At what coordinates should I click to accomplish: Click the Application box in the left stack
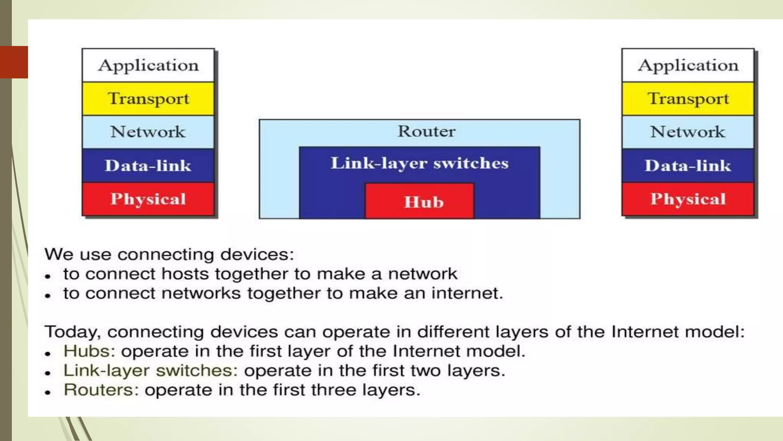tap(148, 65)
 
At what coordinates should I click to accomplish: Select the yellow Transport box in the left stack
tap(148, 99)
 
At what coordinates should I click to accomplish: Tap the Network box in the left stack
tap(148, 132)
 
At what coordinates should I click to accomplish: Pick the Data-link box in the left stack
tap(148, 166)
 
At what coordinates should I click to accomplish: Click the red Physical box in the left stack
tap(148, 199)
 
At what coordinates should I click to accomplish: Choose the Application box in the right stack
tap(688, 65)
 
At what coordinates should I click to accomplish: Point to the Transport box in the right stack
tap(688, 99)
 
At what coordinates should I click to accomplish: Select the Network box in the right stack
tap(688, 132)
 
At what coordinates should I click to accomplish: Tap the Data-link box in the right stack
tap(688, 166)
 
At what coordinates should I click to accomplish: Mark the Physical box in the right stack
tap(688, 199)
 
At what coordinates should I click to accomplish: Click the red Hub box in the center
tap(420, 201)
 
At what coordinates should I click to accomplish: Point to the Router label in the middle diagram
tap(427, 131)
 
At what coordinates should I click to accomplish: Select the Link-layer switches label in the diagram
tap(419, 163)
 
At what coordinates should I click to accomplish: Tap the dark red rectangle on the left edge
tap(14, 62)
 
